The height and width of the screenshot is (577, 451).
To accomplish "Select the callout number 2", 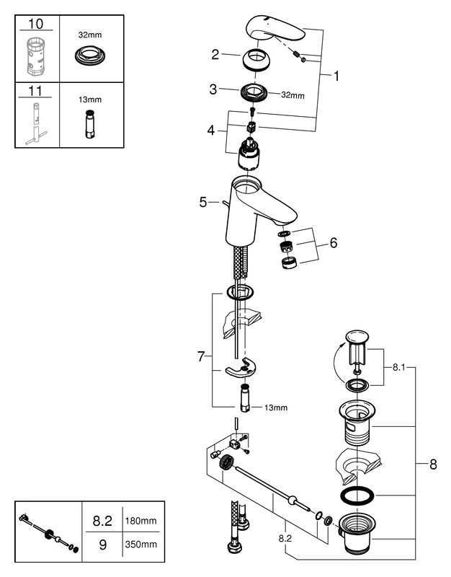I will click(215, 54).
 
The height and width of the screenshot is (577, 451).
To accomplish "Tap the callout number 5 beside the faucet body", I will click(203, 203).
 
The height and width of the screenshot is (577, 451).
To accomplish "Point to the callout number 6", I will click(333, 244).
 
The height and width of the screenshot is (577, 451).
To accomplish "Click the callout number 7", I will click(202, 356).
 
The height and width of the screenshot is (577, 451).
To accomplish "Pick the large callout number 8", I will click(432, 465).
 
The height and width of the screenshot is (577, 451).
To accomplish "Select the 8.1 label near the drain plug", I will click(400, 367).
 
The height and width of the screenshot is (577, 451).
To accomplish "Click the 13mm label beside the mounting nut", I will click(275, 408).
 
